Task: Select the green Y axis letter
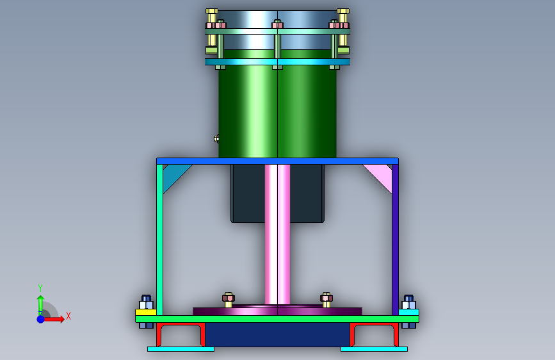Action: pos(40,288)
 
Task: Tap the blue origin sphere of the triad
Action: pos(41,319)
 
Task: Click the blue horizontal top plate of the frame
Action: pos(278,161)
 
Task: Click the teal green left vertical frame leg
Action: pos(159,240)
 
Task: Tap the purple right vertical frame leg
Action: pos(396,240)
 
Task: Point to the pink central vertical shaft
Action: pos(278,234)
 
